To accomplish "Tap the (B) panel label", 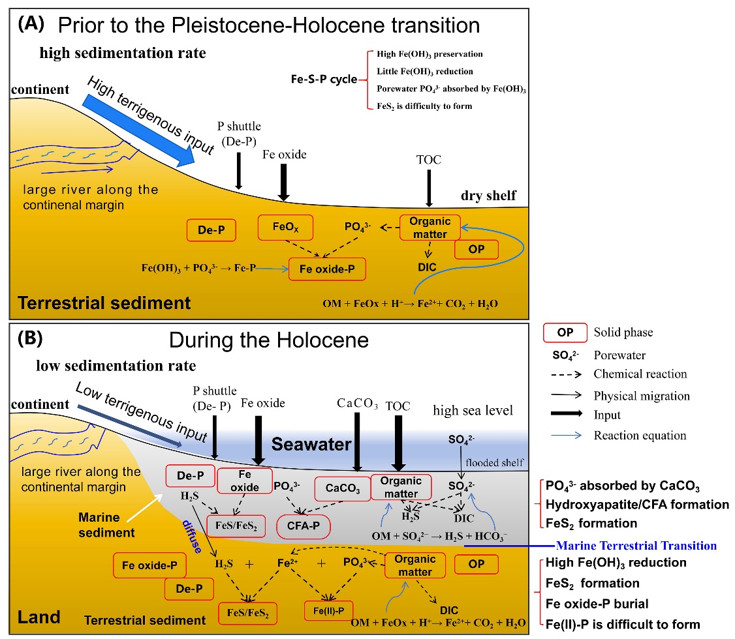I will [31, 339].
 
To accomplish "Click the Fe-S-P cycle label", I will [324, 80].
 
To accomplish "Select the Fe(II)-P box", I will [328, 610].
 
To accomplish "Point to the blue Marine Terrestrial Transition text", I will [634, 545].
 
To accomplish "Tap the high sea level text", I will [474, 409].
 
